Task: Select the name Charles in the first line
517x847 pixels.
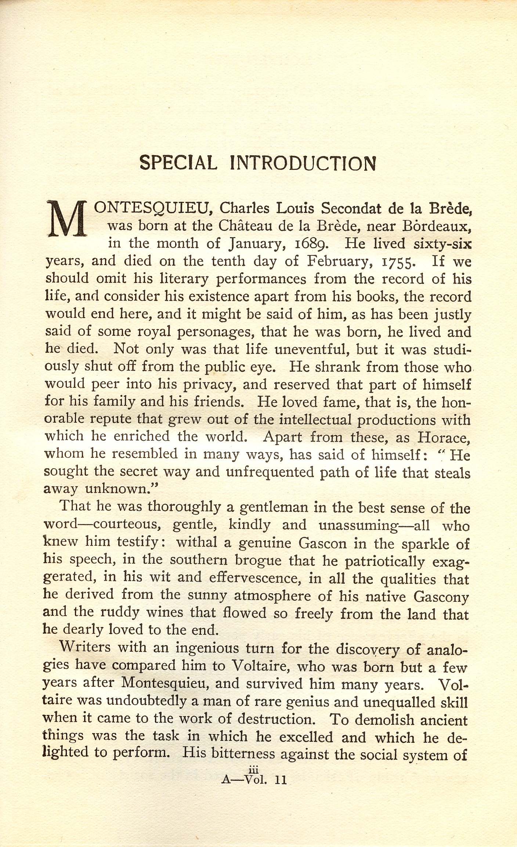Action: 244,208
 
